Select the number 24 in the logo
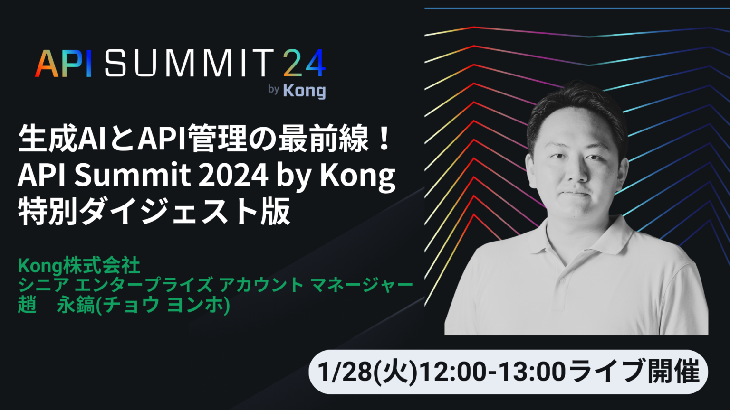(304, 63)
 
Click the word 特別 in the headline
(48, 212)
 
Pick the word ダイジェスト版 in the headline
(185, 212)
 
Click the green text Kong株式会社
(79, 266)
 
